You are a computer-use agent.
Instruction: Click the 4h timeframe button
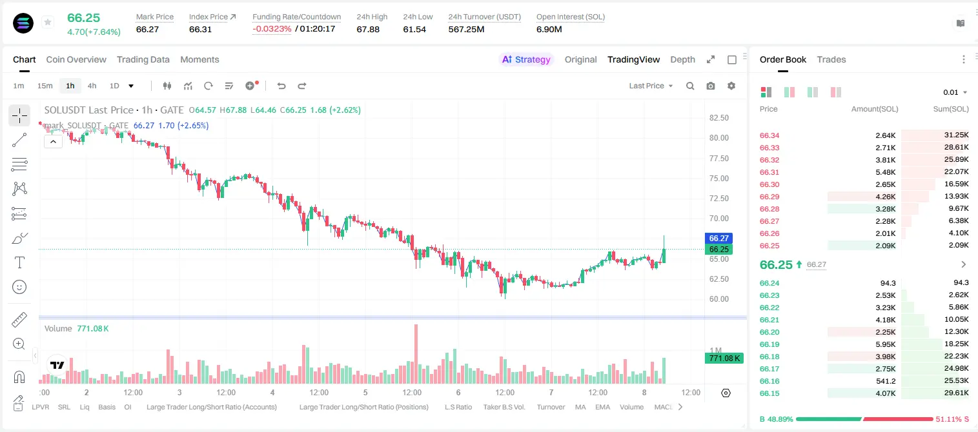pyautogui.click(x=92, y=86)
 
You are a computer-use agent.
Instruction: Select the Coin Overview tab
pyautogui.click(x=76, y=59)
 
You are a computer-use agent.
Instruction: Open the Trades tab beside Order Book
pyautogui.click(x=831, y=59)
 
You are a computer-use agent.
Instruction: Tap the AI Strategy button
pyautogui.click(x=526, y=59)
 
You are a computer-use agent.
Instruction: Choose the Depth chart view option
pyautogui.click(x=682, y=59)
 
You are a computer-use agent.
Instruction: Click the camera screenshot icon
pyautogui.click(x=710, y=86)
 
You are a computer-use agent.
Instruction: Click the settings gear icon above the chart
pyautogui.click(x=731, y=86)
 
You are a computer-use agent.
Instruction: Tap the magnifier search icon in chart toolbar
pyautogui.click(x=690, y=86)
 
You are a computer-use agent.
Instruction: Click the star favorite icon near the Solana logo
pyautogui.click(x=48, y=22)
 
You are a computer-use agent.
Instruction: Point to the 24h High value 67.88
pyautogui.click(x=368, y=29)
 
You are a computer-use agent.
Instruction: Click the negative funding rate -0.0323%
pyautogui.click(x=272, y=29)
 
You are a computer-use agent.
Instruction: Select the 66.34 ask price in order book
pyautogui.click(x=769, y=135)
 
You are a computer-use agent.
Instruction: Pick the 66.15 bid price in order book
pyautogui.click(x=769, y=393)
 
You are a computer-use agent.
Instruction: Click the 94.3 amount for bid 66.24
pyautogui.click(x=888, y=283)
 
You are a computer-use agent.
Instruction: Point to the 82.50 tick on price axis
pyautogui.click(x=718, y=118)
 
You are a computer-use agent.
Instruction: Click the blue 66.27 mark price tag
pyautogui.click(x=718, y=239)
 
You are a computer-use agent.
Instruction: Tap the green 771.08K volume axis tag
pyautogui.click(x=724, y=358)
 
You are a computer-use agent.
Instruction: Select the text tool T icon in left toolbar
pyautogui.click(x=19, y=262)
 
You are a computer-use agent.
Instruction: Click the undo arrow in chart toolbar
pyautogui.click(x=281, y=86)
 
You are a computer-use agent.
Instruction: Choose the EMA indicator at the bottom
pyautogui.click(x=602, y=407)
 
